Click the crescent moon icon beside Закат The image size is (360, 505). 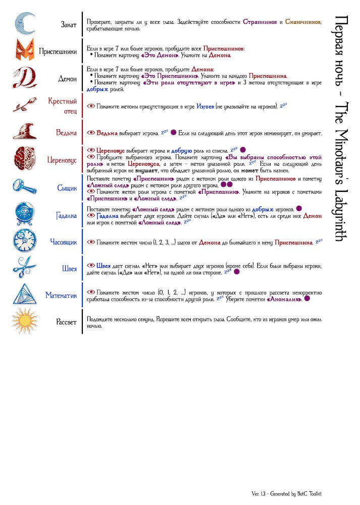24,24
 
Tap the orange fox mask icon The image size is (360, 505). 25,51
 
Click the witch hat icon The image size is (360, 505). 25,132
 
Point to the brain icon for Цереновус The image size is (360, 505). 25,160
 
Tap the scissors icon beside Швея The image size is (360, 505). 25,268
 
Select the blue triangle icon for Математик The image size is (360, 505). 25,295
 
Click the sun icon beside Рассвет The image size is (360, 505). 25,322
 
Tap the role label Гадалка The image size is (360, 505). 66,215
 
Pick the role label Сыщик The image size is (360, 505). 67,188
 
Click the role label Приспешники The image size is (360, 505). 58,51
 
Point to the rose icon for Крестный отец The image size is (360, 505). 25,106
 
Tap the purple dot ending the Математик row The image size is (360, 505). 307,299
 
